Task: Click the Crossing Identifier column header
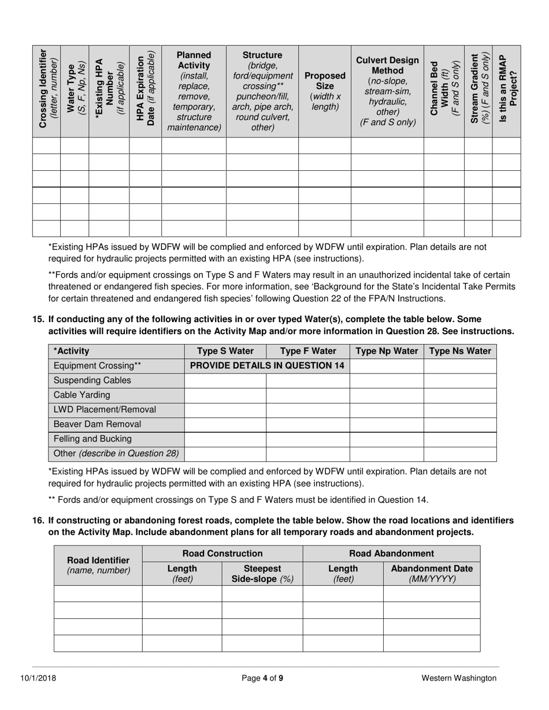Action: tap(46, 91)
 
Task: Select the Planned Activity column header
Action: tap(194, 91)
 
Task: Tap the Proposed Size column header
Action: tap(324, 91)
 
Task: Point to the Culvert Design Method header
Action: tap(387, 91)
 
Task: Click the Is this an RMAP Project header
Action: tap(506, 91)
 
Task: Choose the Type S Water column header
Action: tap(225, 351)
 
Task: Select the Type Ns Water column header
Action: tap(460, 351)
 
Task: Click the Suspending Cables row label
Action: tap(92, 380)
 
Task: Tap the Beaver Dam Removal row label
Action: tap(97, 424)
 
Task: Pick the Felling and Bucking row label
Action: tap(92, 439)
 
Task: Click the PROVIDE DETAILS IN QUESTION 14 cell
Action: tap(266, 365)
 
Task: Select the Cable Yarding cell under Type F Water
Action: tap(307, 395)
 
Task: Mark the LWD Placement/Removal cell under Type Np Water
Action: tap(387, 409)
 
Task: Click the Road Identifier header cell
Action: tap(98, 565)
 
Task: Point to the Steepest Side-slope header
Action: tap(262, 574)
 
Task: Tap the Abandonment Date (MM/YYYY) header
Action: tap(431, 574)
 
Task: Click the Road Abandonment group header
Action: tap(391, 554)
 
